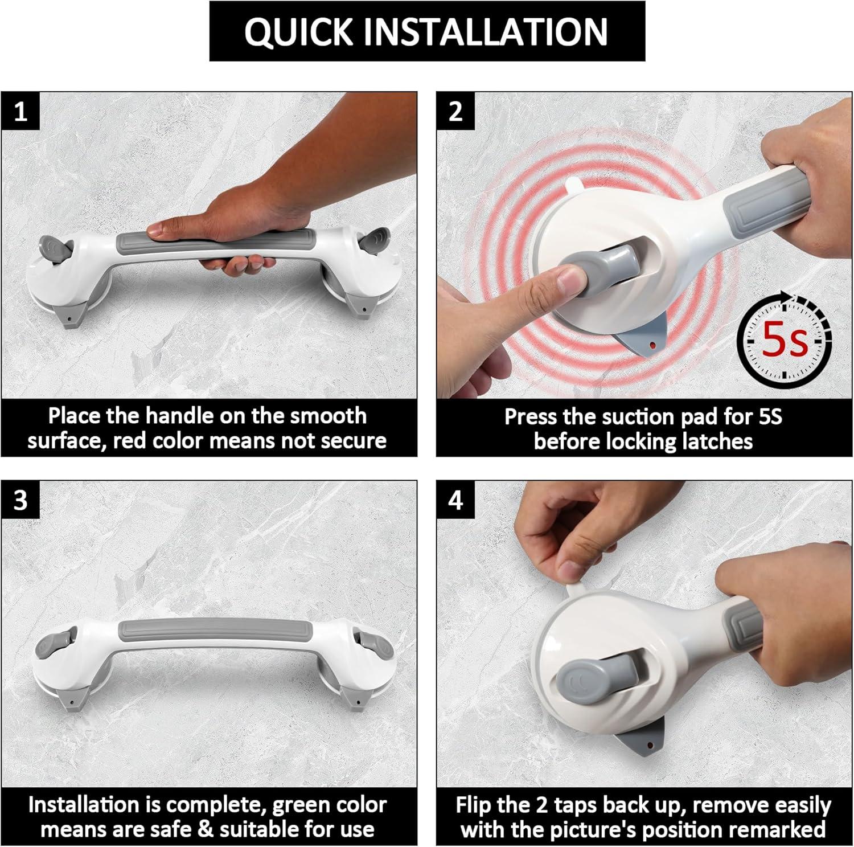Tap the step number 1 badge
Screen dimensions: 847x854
coord(20,111)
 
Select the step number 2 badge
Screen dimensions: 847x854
coord(455,111)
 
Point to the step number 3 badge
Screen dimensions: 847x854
coord(20,500)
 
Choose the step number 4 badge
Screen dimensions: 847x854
coord(455,500)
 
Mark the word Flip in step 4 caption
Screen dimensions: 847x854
coord(474,805)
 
